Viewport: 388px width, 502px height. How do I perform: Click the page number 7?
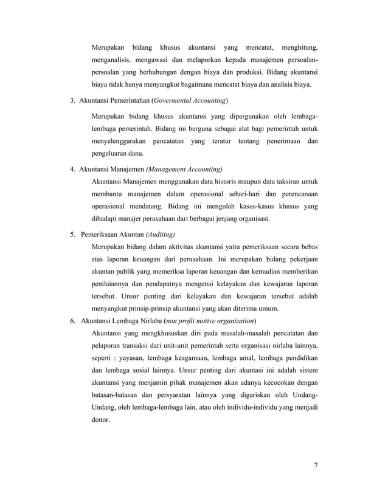click(316, 466)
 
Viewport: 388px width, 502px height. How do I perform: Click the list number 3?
click(72, 99)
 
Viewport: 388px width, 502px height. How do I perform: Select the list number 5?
click(72, 234)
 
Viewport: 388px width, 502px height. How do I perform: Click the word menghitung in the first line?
click(299, 47)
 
